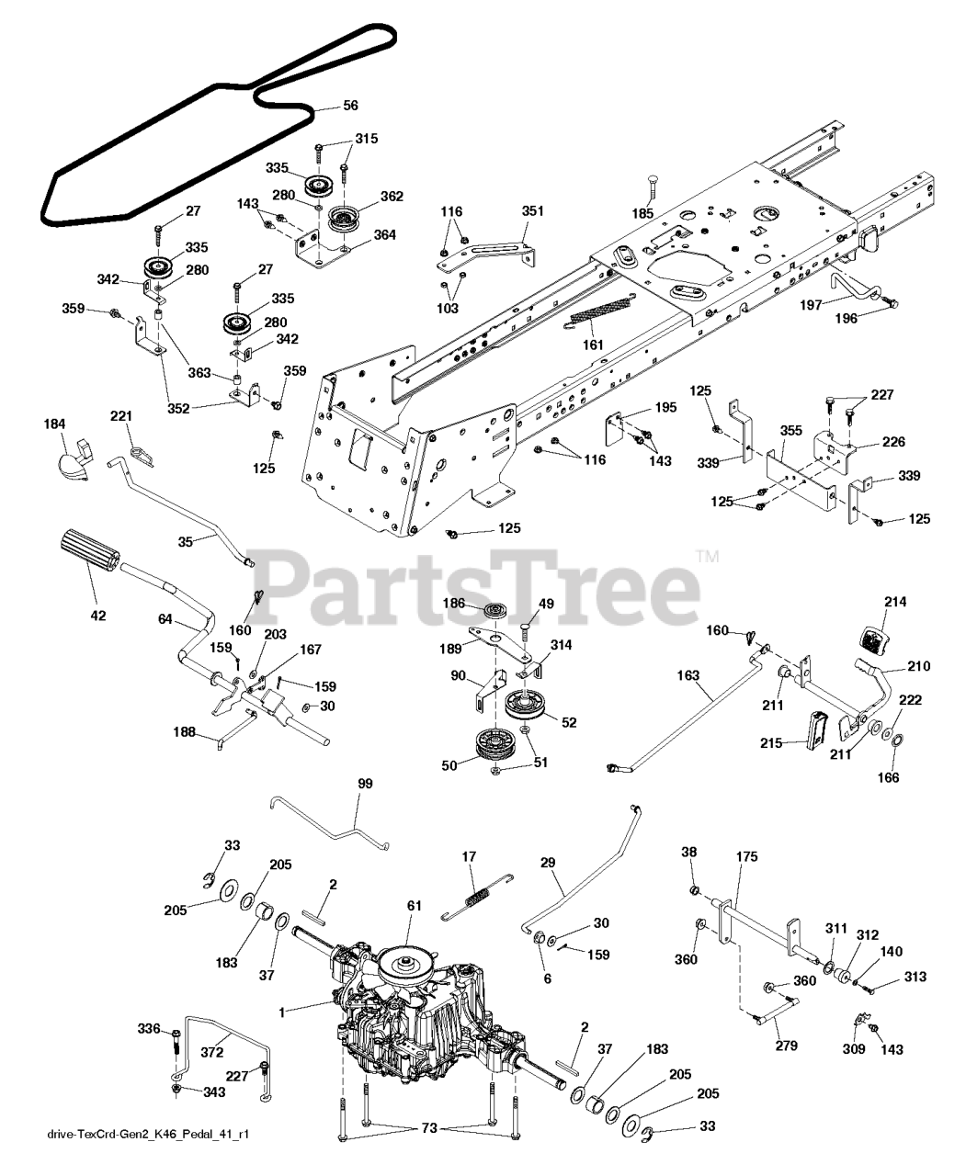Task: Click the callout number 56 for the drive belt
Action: click(349, 106)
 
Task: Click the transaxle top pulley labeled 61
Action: click(406, 964)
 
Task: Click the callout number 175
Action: click(746, 855)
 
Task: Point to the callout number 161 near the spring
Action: click(593, 345)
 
